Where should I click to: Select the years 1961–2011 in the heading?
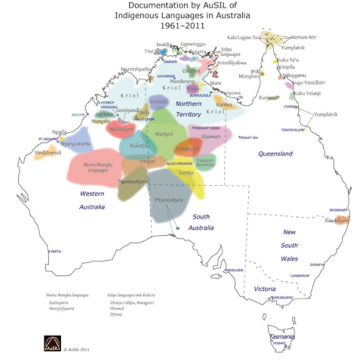click(x=182, y=26)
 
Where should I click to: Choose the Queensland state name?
click(x=275, y=154)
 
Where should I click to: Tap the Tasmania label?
click(x=281, y=336)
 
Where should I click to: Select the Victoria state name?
click(x=265, y=288)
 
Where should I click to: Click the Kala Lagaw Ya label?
click(x=242, y=37)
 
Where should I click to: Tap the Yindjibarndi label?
click(x=48, y=152)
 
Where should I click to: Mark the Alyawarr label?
click(x=211, y=137)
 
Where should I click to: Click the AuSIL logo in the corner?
click(x=52, y=343)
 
